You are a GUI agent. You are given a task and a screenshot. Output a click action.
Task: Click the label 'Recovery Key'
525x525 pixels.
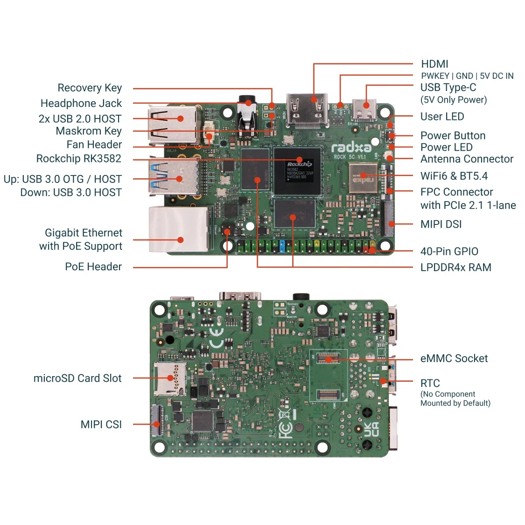(x=90, y=88)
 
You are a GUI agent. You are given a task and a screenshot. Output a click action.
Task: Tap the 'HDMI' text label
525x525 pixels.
(x=434, y=64)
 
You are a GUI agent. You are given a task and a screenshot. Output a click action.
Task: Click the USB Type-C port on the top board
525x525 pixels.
(x=364, y=110)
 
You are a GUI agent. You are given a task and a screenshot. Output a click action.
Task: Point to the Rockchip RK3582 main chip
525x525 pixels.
(x=297, y=171)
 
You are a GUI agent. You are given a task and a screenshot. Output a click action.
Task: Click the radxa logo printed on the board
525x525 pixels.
(x=351, y=148)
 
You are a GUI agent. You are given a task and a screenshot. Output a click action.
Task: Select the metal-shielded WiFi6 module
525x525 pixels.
(x=363, y=178)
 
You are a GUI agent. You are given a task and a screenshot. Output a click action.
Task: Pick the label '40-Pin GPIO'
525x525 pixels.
(x=449, y=252)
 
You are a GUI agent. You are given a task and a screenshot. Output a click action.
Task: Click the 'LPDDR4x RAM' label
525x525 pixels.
(x=455, y=267)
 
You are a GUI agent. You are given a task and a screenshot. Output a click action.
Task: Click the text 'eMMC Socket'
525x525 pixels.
(x=454, y=358)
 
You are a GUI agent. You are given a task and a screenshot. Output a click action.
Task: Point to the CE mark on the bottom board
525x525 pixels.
(x=217, y=338)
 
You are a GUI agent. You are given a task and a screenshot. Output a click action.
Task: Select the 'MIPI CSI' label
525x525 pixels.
(x=101, y=424)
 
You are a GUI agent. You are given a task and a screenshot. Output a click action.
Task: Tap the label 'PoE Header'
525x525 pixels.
(x=93, y=266)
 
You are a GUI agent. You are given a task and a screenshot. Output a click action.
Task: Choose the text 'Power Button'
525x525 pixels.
(x=453, y=136)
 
